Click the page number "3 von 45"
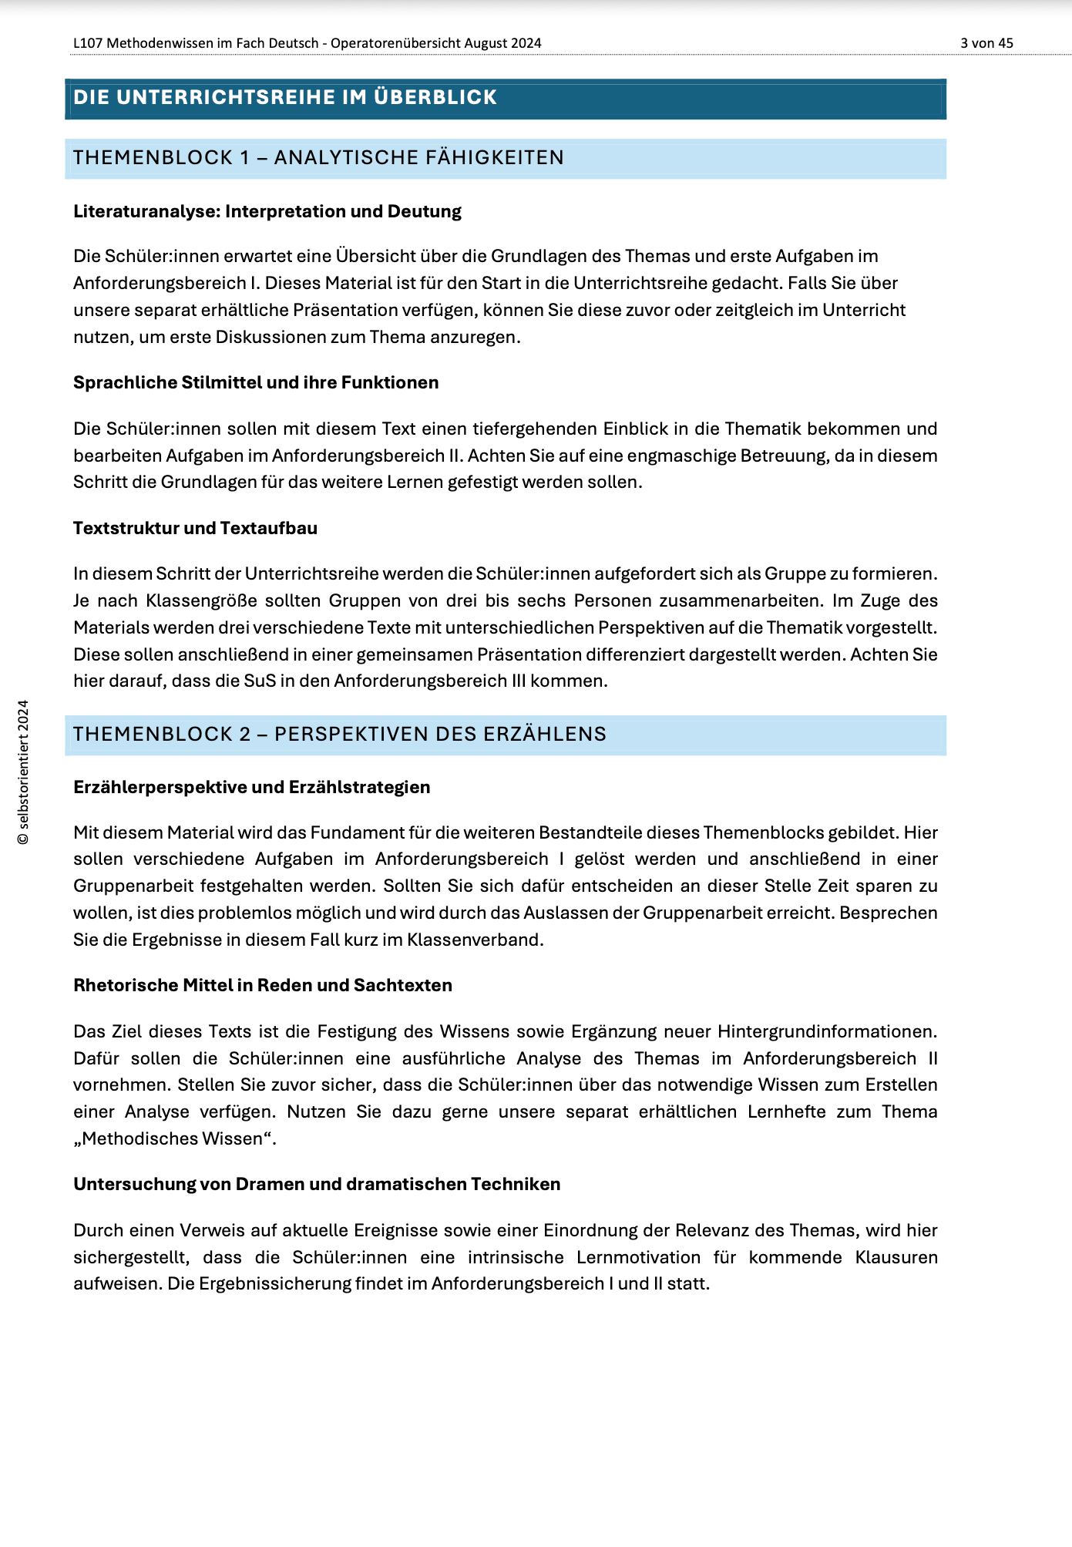point(986,43)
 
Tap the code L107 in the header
point(87,43)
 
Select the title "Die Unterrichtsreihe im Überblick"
point(285,98)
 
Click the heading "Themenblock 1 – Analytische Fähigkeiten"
point(318,158)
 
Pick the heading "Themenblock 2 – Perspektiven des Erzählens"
point(340,734)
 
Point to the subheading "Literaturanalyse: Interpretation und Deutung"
point(267,211)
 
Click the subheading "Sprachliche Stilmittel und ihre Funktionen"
point(256,382)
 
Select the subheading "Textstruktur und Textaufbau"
point(195,528)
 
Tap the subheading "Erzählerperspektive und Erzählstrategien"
point(251,787)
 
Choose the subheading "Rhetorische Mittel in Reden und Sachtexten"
point(263,985)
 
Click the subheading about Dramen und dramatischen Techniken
point(317,1184)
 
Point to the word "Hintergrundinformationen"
point(827,1031)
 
